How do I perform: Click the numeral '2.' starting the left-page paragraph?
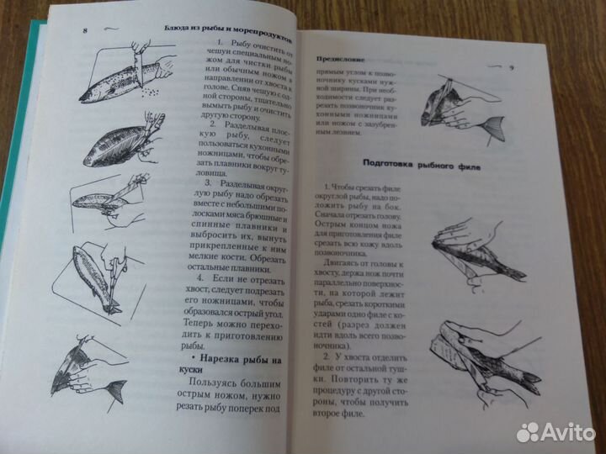213,124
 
